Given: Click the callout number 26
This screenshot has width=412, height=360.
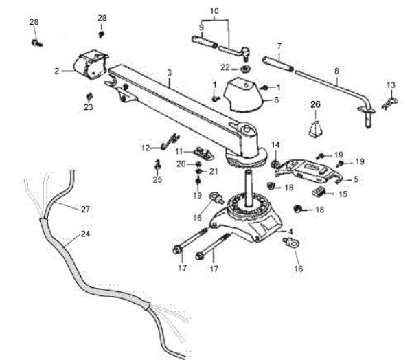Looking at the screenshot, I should tap(315, 104).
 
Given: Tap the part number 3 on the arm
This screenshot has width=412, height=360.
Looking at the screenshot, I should tap(169, 73).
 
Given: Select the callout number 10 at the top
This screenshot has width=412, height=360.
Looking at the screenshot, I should tap(214, 12).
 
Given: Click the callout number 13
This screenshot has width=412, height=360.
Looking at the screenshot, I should tap(391, 85).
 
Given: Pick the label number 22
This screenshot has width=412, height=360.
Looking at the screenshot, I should tap(225, 67).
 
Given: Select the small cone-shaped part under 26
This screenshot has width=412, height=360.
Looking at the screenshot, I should tap(316, 129).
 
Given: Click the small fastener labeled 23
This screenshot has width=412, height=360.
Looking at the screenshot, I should tap(89, 95).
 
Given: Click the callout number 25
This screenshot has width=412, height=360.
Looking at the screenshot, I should tap(158, 180).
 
